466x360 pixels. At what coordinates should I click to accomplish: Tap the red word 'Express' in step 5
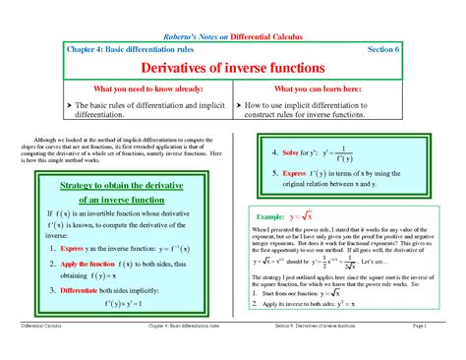tap(298, 174)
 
